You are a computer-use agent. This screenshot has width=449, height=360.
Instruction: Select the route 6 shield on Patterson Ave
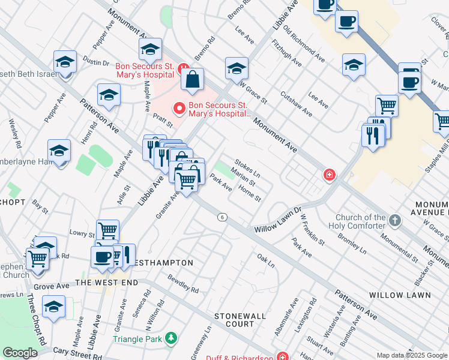pyautogui.click(x=222, y=217)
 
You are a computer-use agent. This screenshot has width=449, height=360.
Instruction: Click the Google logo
pyautogui.click(x=20, y=353)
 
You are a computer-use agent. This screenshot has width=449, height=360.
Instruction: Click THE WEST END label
pyautogui.click(x=107, y=282)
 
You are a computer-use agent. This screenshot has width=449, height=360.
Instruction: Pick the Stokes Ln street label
pyautogui.click(x=247, y=167)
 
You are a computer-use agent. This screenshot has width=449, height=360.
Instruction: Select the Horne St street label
pyautogui.click(x=249, y=193)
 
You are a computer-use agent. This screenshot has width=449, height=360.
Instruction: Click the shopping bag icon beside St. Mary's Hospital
pyautogui.click(x=192, y=79)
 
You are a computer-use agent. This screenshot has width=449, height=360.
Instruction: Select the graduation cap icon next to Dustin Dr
pyautogui.click(x=65, y=62)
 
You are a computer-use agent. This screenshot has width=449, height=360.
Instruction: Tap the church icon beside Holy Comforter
pyautogui.click(x=394, y=220)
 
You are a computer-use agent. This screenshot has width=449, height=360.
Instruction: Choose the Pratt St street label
pyautogui.click(x=162, y=121)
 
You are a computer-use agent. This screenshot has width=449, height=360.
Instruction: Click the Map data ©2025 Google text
pyautogui.click(x=411, y=355)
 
